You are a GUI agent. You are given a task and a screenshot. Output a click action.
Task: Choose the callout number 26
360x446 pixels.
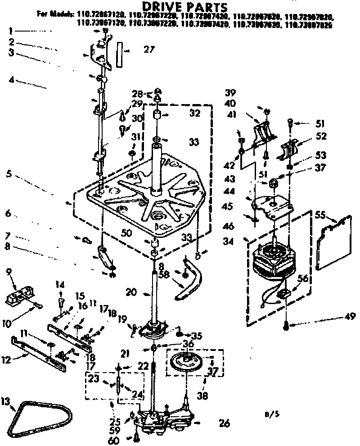224,423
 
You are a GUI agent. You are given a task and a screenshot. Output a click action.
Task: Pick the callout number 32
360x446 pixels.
194,114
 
